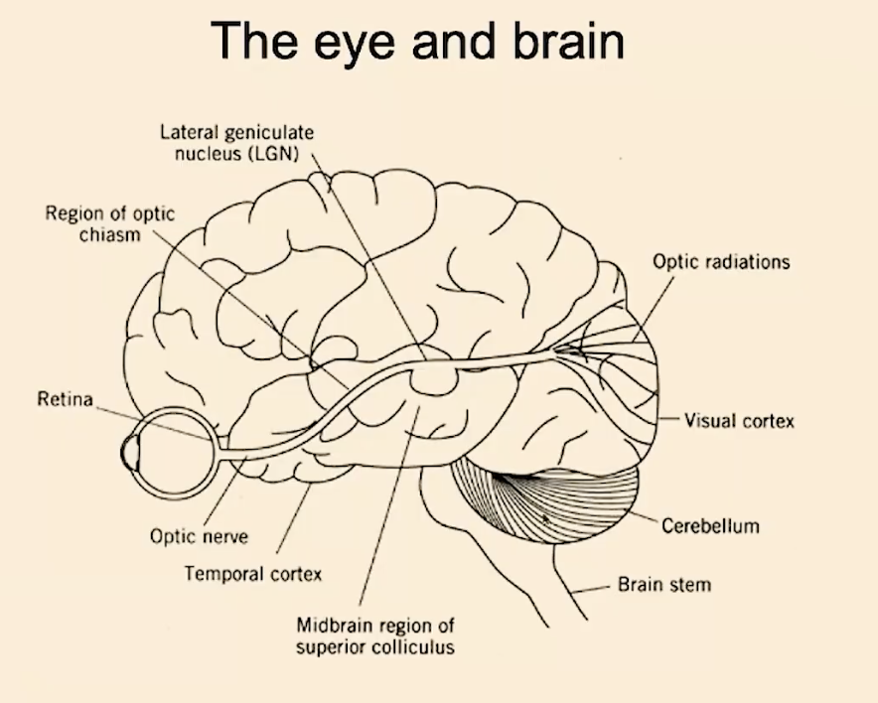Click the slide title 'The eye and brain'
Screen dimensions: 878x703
tap(417, 42)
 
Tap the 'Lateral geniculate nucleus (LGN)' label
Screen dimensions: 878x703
tap(236, 143)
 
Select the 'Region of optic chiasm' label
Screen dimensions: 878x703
tap(109, 223)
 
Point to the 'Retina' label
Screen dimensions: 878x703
tap(65, 398)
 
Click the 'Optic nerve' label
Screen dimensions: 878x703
tap(199, 536)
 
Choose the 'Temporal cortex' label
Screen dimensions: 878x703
tap(253, 574)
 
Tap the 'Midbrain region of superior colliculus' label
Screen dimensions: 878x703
tap(375, 635)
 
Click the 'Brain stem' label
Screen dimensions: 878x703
tap(664, 584)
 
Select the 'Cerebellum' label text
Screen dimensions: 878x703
tap(710, 525)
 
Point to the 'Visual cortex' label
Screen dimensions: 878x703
tap(739, 420)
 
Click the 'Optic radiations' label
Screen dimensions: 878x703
tap(721, 262)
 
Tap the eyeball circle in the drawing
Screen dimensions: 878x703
tap(214, 454)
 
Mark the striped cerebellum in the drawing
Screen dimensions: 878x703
tap(546, 499)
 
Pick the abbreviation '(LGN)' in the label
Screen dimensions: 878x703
tap(273, 153)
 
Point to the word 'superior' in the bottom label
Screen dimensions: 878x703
tap(330, 647)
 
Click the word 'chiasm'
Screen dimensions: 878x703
tap(109, 234)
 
